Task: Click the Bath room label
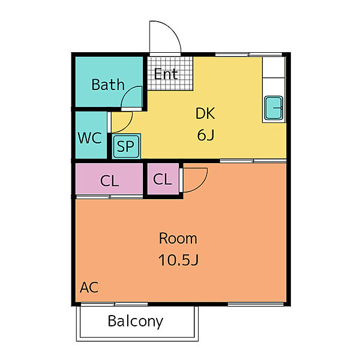(108, 85)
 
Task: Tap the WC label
(89, 138)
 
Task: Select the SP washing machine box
(126, 146)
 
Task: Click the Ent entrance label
(166, 74)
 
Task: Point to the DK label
(205, 113)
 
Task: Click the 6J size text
(205, 135)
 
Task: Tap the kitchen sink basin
(274, 108)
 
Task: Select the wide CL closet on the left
(109, 179)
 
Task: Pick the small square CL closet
(163, 179)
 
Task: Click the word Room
(178, 238)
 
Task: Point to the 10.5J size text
(178, 260)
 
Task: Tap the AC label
(89, 287)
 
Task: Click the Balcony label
(136, 322)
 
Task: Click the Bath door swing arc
(126, 94)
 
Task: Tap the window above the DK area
(248, 55)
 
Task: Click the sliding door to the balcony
(115, 304)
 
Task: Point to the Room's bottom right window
(256, 304)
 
